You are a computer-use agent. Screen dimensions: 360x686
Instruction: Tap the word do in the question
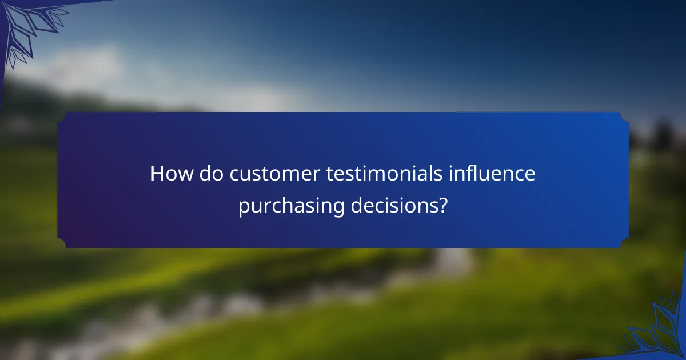coord(212,174)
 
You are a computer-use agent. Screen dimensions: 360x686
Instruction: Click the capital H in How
coord(157,174)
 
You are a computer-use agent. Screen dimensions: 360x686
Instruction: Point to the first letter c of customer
coord(235,176)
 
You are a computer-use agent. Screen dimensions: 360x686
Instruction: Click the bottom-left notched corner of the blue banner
coord(62,243)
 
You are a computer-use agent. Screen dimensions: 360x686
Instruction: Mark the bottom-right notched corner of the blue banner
coord(624,243)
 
